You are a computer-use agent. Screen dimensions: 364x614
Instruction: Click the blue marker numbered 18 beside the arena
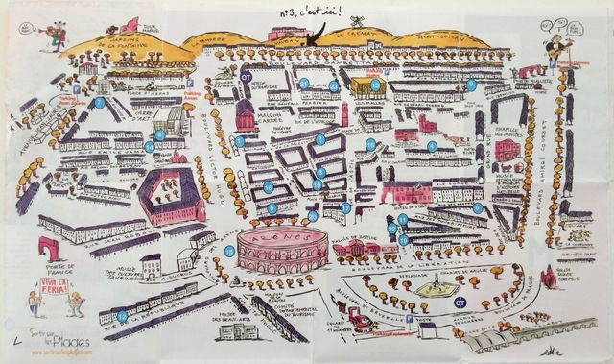pos(229,252)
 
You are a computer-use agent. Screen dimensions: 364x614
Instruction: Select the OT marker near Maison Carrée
pos(246,76)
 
